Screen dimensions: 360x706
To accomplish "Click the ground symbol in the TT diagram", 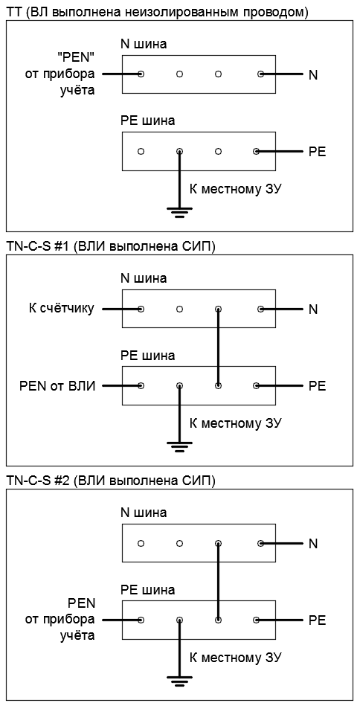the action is (179, 212).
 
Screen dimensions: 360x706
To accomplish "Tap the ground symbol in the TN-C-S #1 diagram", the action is (179, 446).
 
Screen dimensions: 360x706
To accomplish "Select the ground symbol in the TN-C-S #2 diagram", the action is (179, 681).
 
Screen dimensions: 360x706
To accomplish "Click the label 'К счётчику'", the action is (61, 309).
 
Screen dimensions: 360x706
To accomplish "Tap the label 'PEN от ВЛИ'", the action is (57, 386).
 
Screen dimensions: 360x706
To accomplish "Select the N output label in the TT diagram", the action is (313, 75).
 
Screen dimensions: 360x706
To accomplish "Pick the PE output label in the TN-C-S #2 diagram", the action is (318, 620).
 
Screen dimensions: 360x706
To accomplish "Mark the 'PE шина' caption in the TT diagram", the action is (147, 121).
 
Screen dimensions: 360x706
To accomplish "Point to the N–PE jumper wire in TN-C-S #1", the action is (218, 347).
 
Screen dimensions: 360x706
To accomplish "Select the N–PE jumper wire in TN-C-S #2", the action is (218, 582).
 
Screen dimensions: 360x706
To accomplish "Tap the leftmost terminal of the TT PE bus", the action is (141, 152).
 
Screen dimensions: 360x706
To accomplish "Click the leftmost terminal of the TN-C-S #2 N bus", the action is (141, 544).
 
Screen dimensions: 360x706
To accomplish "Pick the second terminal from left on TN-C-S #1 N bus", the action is (179, 309).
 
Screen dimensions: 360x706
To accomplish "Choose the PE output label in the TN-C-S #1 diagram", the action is (318, 386).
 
